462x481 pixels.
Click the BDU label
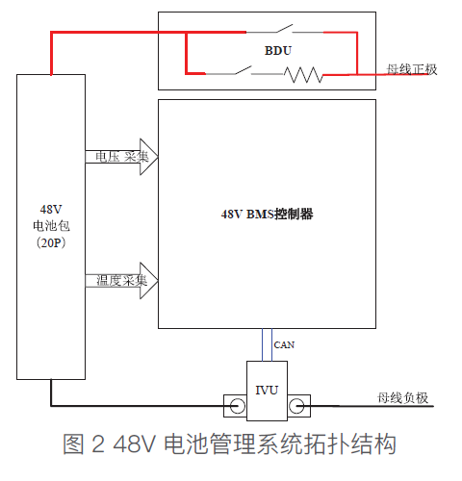click(278, 51)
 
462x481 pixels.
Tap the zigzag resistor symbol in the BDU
click(303, 75)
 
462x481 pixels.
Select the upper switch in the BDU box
click(285, 29)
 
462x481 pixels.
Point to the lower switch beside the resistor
click(244, 70)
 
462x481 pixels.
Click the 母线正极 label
click(412, 69)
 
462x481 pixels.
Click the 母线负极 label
click(402, 398)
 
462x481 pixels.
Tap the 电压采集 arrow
click(121, 157)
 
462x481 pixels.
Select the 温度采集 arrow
click(121, 281)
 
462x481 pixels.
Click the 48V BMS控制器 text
click(267, 214)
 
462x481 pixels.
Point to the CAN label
click(284, 345)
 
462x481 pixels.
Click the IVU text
click(267, 391)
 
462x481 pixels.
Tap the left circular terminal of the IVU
click(238, 406)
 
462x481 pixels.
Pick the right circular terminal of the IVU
click(296, 406)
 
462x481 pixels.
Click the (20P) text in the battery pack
click(51, 242)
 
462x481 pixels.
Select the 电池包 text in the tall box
click(51, 226)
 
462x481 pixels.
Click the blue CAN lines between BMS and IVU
click(267, 344)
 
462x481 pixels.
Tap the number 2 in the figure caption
click(98, 444)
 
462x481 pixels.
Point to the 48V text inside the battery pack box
click(51, 209)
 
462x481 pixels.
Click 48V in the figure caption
click(135, 444)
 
